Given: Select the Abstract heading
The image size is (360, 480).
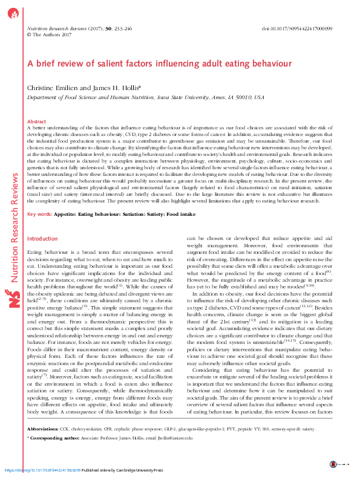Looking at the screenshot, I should (38, 122).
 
